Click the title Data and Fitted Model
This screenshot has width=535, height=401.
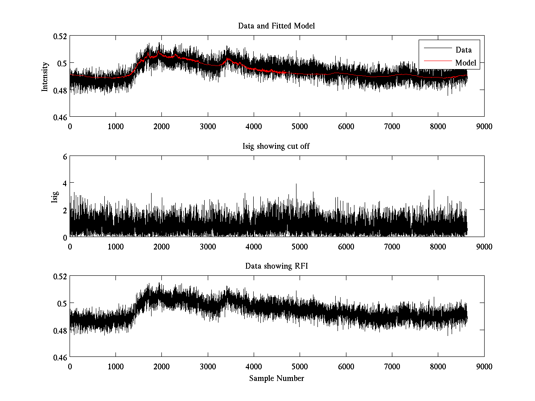[x=276, y=26]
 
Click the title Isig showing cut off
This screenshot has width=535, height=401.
[x=276, y=146]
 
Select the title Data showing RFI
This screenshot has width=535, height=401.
[x=276, y=266]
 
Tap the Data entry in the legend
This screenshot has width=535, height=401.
[x=463, y=50]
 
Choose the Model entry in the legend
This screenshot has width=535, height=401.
[x=465, y=63]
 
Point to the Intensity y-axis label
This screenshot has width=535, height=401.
[x=45, y=76]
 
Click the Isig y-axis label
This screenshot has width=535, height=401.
[x=54, y=196]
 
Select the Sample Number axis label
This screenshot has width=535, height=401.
[x=276, y=378]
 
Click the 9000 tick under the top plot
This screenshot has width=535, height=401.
[x=484, y=126]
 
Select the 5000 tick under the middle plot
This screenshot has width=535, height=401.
[x=300, y=246]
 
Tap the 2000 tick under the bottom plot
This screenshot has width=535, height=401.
[x=161, y=367]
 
